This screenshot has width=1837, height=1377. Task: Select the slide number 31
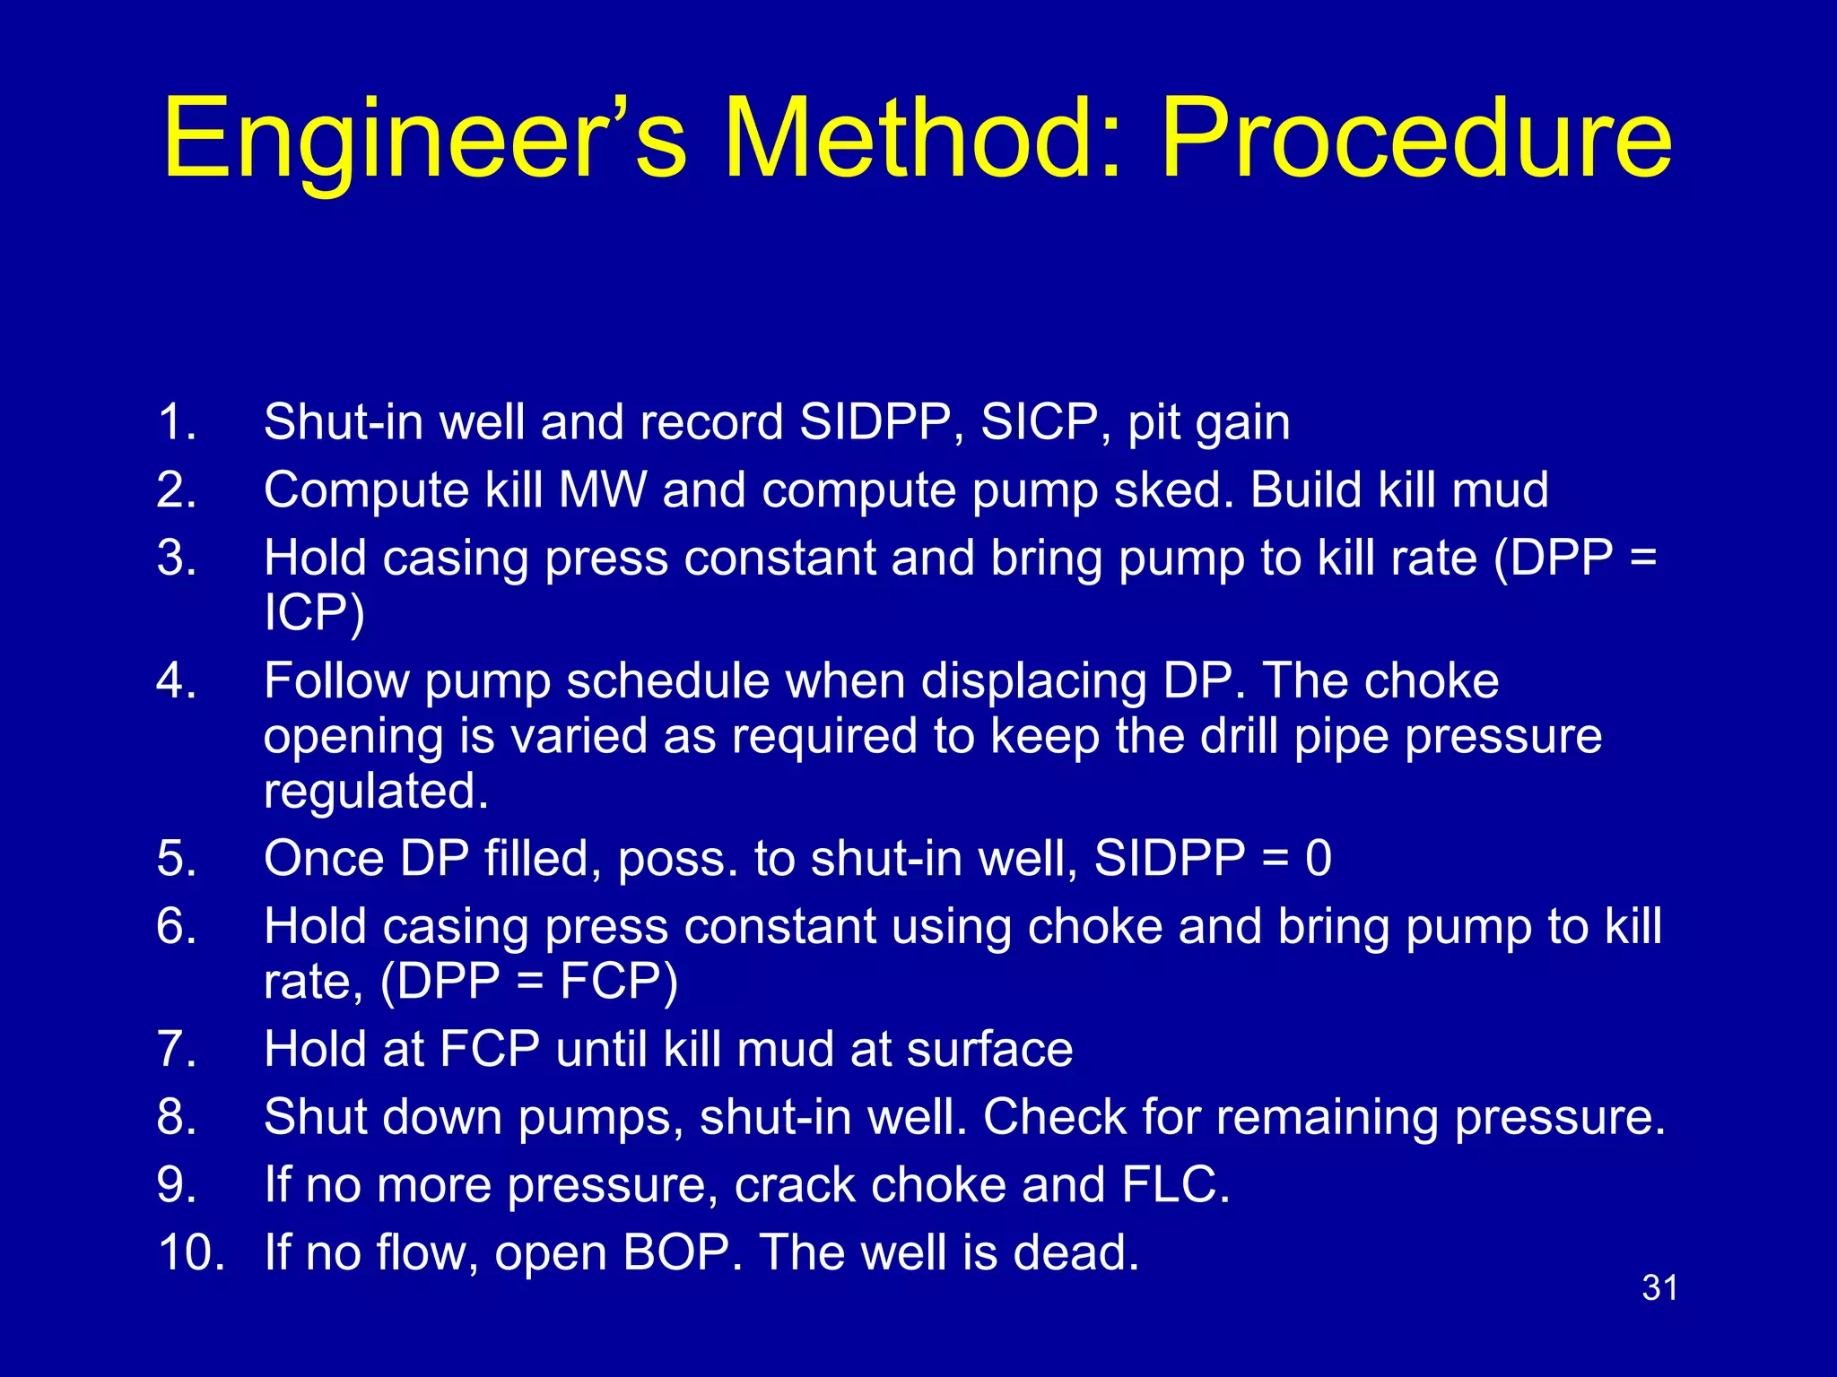[1659, 1288]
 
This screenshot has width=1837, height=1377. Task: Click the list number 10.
[190, 1252]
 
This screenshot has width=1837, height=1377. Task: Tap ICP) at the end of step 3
[314, 613]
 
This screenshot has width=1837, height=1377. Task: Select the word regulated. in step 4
[376, 792]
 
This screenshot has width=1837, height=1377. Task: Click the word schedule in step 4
[667, 681]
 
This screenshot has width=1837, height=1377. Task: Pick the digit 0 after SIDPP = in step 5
[1318, 859]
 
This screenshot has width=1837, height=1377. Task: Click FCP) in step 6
[619, 982]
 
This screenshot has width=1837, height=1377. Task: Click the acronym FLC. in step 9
[1175, 1185]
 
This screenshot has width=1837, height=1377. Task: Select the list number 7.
[177, 1050]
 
